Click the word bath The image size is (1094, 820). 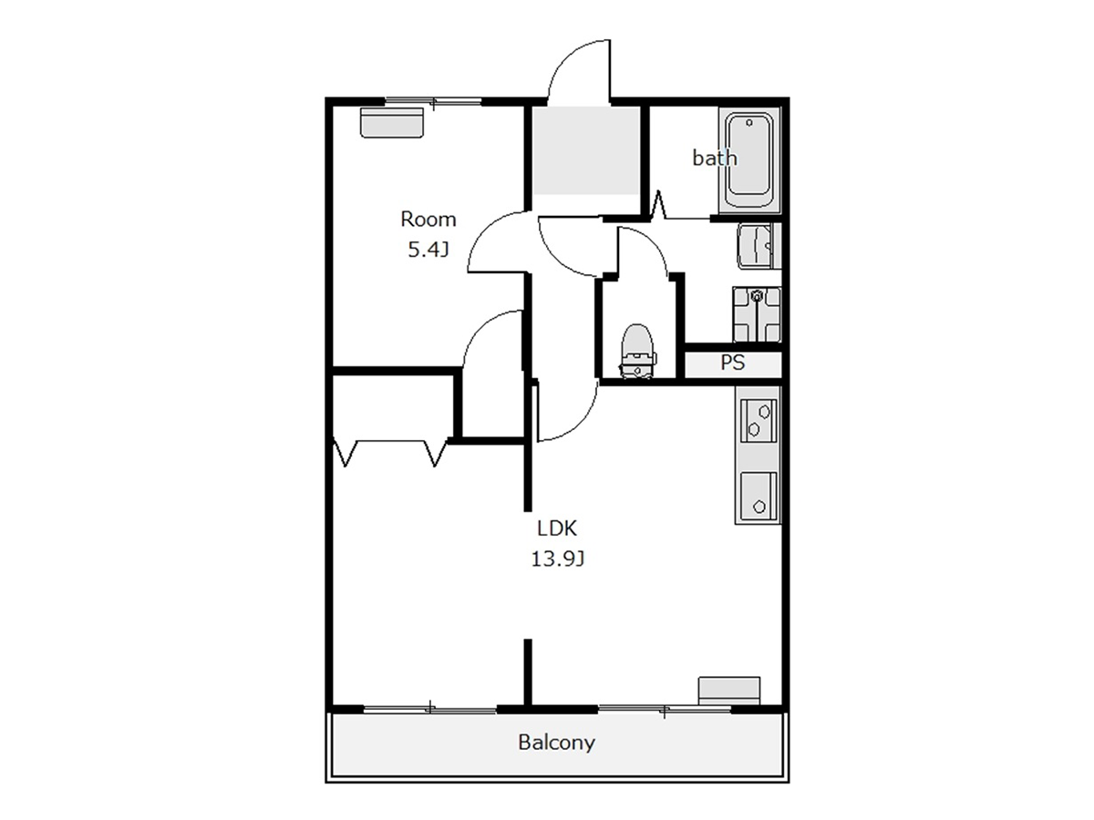714,158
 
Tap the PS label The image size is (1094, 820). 733,363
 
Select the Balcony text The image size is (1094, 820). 556,743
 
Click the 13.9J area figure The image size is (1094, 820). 557,559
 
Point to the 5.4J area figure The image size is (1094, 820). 428,250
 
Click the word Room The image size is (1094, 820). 428,219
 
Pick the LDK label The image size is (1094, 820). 557,528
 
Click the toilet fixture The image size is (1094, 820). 637,352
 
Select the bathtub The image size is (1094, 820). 749,160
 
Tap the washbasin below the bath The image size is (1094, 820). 758,246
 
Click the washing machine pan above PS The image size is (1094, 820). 756,314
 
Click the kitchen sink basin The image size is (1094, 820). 759,496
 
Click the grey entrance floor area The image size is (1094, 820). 586,150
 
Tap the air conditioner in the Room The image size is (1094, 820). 392,122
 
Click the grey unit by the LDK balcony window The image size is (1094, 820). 729,691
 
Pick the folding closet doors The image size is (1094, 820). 390,453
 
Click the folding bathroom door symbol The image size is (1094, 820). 658,205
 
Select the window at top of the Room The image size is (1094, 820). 434,102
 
